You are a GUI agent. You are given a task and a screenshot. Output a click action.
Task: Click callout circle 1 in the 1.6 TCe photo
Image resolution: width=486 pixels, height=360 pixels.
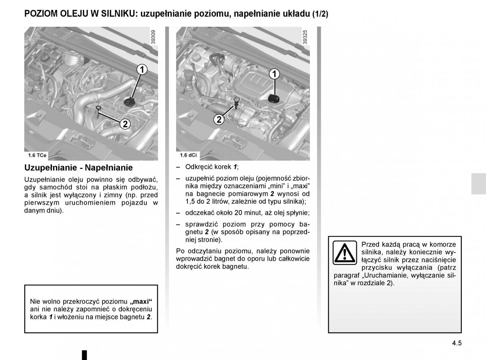pyautogui.click(x=142, y=70)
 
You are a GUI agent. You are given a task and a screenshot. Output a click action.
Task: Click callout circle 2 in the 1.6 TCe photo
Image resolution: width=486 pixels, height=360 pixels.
pyautogui.click(x=125, y=124)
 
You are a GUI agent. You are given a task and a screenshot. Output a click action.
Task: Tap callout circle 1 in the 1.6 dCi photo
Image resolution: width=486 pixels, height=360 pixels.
pyautogui.click(x=274, y=74)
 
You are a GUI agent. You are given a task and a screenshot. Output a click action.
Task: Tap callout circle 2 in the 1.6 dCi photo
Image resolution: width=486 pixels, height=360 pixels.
pyautogui.click(x=219, y=120)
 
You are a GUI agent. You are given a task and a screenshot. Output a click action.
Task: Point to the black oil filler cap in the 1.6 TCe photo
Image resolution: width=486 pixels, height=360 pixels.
pyautogui.click(x=130, y=102)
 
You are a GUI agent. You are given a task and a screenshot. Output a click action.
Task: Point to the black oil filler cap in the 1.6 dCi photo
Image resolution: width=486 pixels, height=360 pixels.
pyautogui.click(x=274, y=99)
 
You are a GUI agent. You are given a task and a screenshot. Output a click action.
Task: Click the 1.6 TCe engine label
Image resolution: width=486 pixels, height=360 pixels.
pyautogui.click(x=37, y=155)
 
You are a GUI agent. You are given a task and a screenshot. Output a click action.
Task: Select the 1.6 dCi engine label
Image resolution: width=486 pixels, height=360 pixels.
pyautogui.click(x=188, y=155)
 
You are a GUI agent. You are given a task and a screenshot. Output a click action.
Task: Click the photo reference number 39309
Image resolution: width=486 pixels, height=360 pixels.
pyautogui.click(x=153, y=37)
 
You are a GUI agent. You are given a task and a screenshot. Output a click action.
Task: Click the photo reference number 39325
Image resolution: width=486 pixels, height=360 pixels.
pyautogui.click(x=305, y=37)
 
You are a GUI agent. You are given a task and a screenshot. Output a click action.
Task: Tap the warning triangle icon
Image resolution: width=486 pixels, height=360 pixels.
pyautogui.click(x=345, y=253)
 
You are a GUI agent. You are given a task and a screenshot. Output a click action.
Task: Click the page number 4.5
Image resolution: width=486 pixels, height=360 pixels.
pyautogui.click(x=457, y=343)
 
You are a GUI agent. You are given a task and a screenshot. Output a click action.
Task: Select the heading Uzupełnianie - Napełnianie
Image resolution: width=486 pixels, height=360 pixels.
pyautogui.click(x=79, y=167)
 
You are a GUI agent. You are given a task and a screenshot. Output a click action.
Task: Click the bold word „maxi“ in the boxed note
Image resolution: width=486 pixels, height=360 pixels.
pyautogui.click(x=141, y=302)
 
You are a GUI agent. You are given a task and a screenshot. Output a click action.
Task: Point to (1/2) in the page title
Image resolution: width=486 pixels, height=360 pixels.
pyautogui.click(x=320, y=14)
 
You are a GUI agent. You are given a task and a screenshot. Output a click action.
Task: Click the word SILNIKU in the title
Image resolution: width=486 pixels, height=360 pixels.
pyautogui.click(x=118, y=14)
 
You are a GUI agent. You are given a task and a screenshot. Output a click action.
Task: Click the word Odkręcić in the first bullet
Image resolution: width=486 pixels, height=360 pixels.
pyautogui.click(x=199, y=167)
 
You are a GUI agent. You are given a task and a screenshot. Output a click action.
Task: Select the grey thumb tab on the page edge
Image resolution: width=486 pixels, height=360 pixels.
pyautogui.click(x=479, y=184)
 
